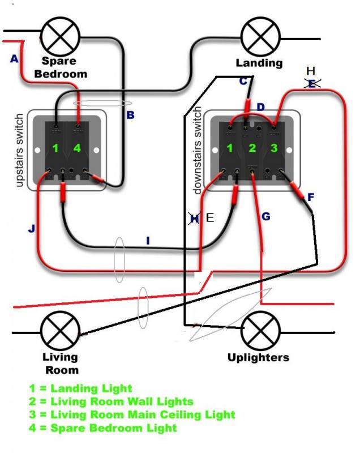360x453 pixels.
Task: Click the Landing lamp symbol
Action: click(x=260, y=38)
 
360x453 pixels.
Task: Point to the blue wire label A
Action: click(x=14, y=59)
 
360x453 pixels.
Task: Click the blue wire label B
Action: click(x=130, y=116)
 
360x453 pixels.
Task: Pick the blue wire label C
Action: click(x=243, y=81)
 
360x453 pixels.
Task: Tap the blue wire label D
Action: click(x=260, y=107)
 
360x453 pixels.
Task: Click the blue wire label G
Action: click(x=266, y=216)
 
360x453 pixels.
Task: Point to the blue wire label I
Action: click(x=148, y=241)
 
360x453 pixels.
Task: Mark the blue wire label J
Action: click(x=31, y=229)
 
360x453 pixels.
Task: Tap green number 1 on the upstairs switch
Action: click(x=56, y=149)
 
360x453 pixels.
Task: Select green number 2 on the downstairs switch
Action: click(x=252, y=149)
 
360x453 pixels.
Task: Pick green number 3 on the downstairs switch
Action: click(x=275, y=149)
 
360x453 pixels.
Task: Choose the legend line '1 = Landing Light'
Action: click(x=80, y=388)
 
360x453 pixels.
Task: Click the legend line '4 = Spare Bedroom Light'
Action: click(x=102, y=428)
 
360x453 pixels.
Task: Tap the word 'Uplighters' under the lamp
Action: click(x=258, y=357)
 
